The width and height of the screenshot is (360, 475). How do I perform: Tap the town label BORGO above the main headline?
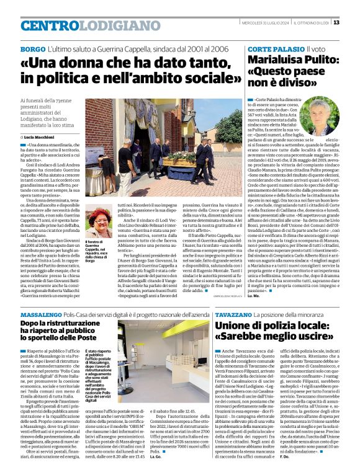coord(32,48)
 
